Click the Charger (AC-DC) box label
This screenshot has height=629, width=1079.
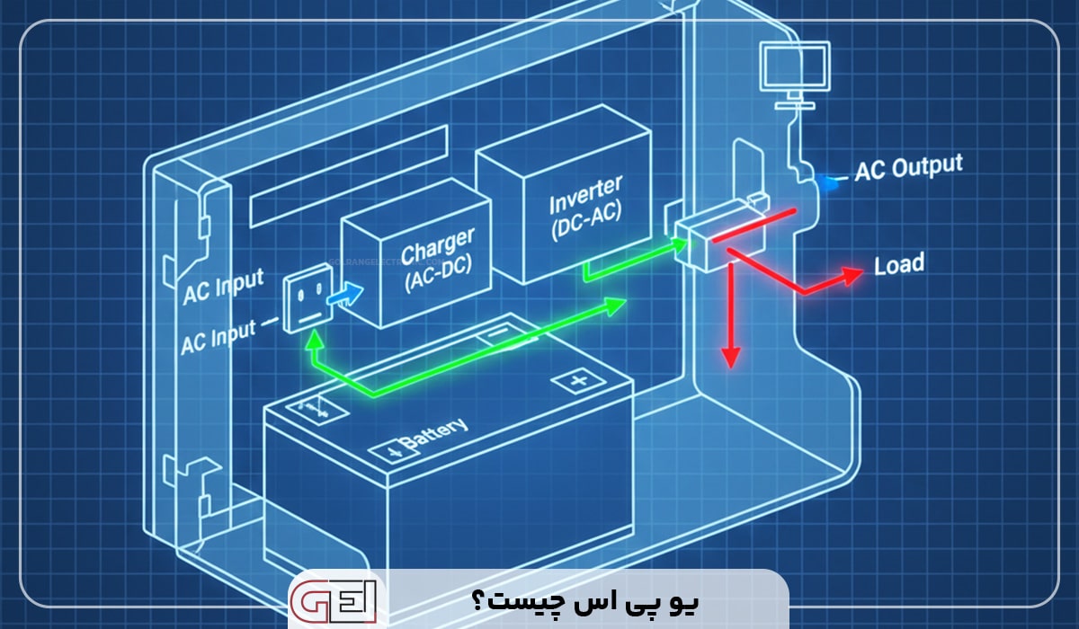pos(437,259)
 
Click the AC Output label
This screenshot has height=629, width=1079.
pos(908,167)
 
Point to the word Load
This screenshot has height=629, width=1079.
pos(898,264)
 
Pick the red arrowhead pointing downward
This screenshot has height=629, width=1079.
pos(730,358)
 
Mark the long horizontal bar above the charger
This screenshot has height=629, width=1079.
pos(349,176)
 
